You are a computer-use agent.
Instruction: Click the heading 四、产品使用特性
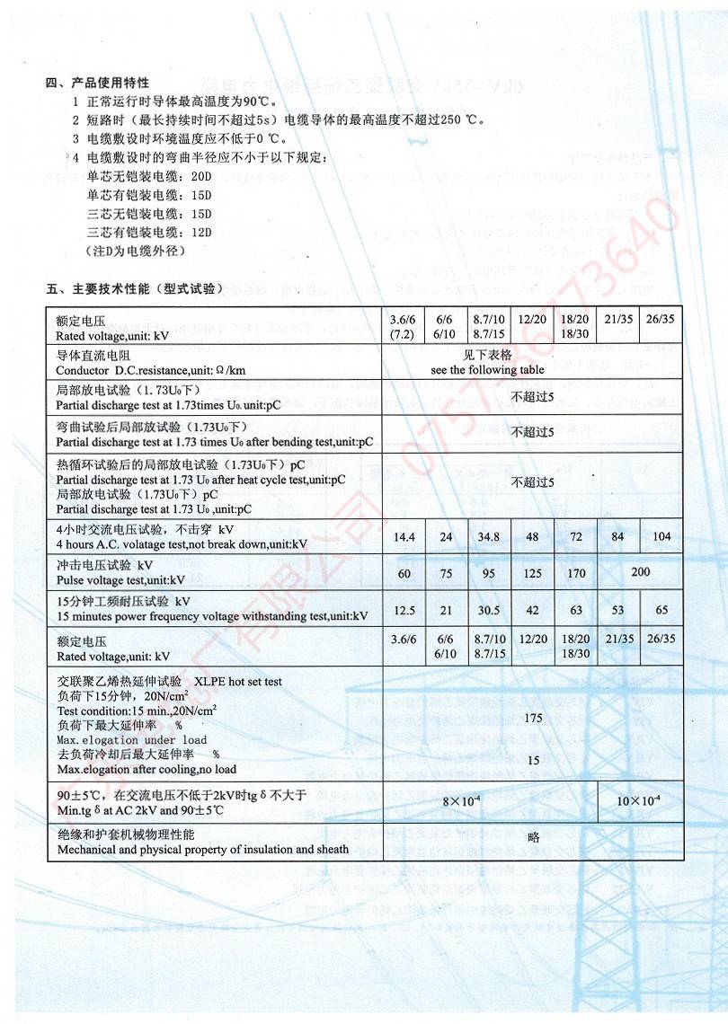pos(97,84)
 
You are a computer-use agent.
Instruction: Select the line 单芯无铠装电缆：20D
pos(148,177)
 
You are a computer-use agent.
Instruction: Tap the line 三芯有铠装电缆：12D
pos(148,233)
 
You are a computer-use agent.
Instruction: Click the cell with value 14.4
pos(404,537)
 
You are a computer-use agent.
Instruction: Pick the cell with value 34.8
pos(489,537)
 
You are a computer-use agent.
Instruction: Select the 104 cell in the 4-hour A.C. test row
pos(661,537)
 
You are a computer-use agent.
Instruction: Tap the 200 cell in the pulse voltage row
pos(641,571)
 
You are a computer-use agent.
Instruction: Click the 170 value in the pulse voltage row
pos(576,573)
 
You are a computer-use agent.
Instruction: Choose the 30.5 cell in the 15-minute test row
pos(489,610)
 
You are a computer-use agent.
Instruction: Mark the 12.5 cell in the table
pos(404,610)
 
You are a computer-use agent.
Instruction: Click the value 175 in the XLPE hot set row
pos(533,718)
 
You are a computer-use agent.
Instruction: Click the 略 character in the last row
pos(533,836)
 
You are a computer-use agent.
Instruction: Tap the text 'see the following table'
pos(486,369)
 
